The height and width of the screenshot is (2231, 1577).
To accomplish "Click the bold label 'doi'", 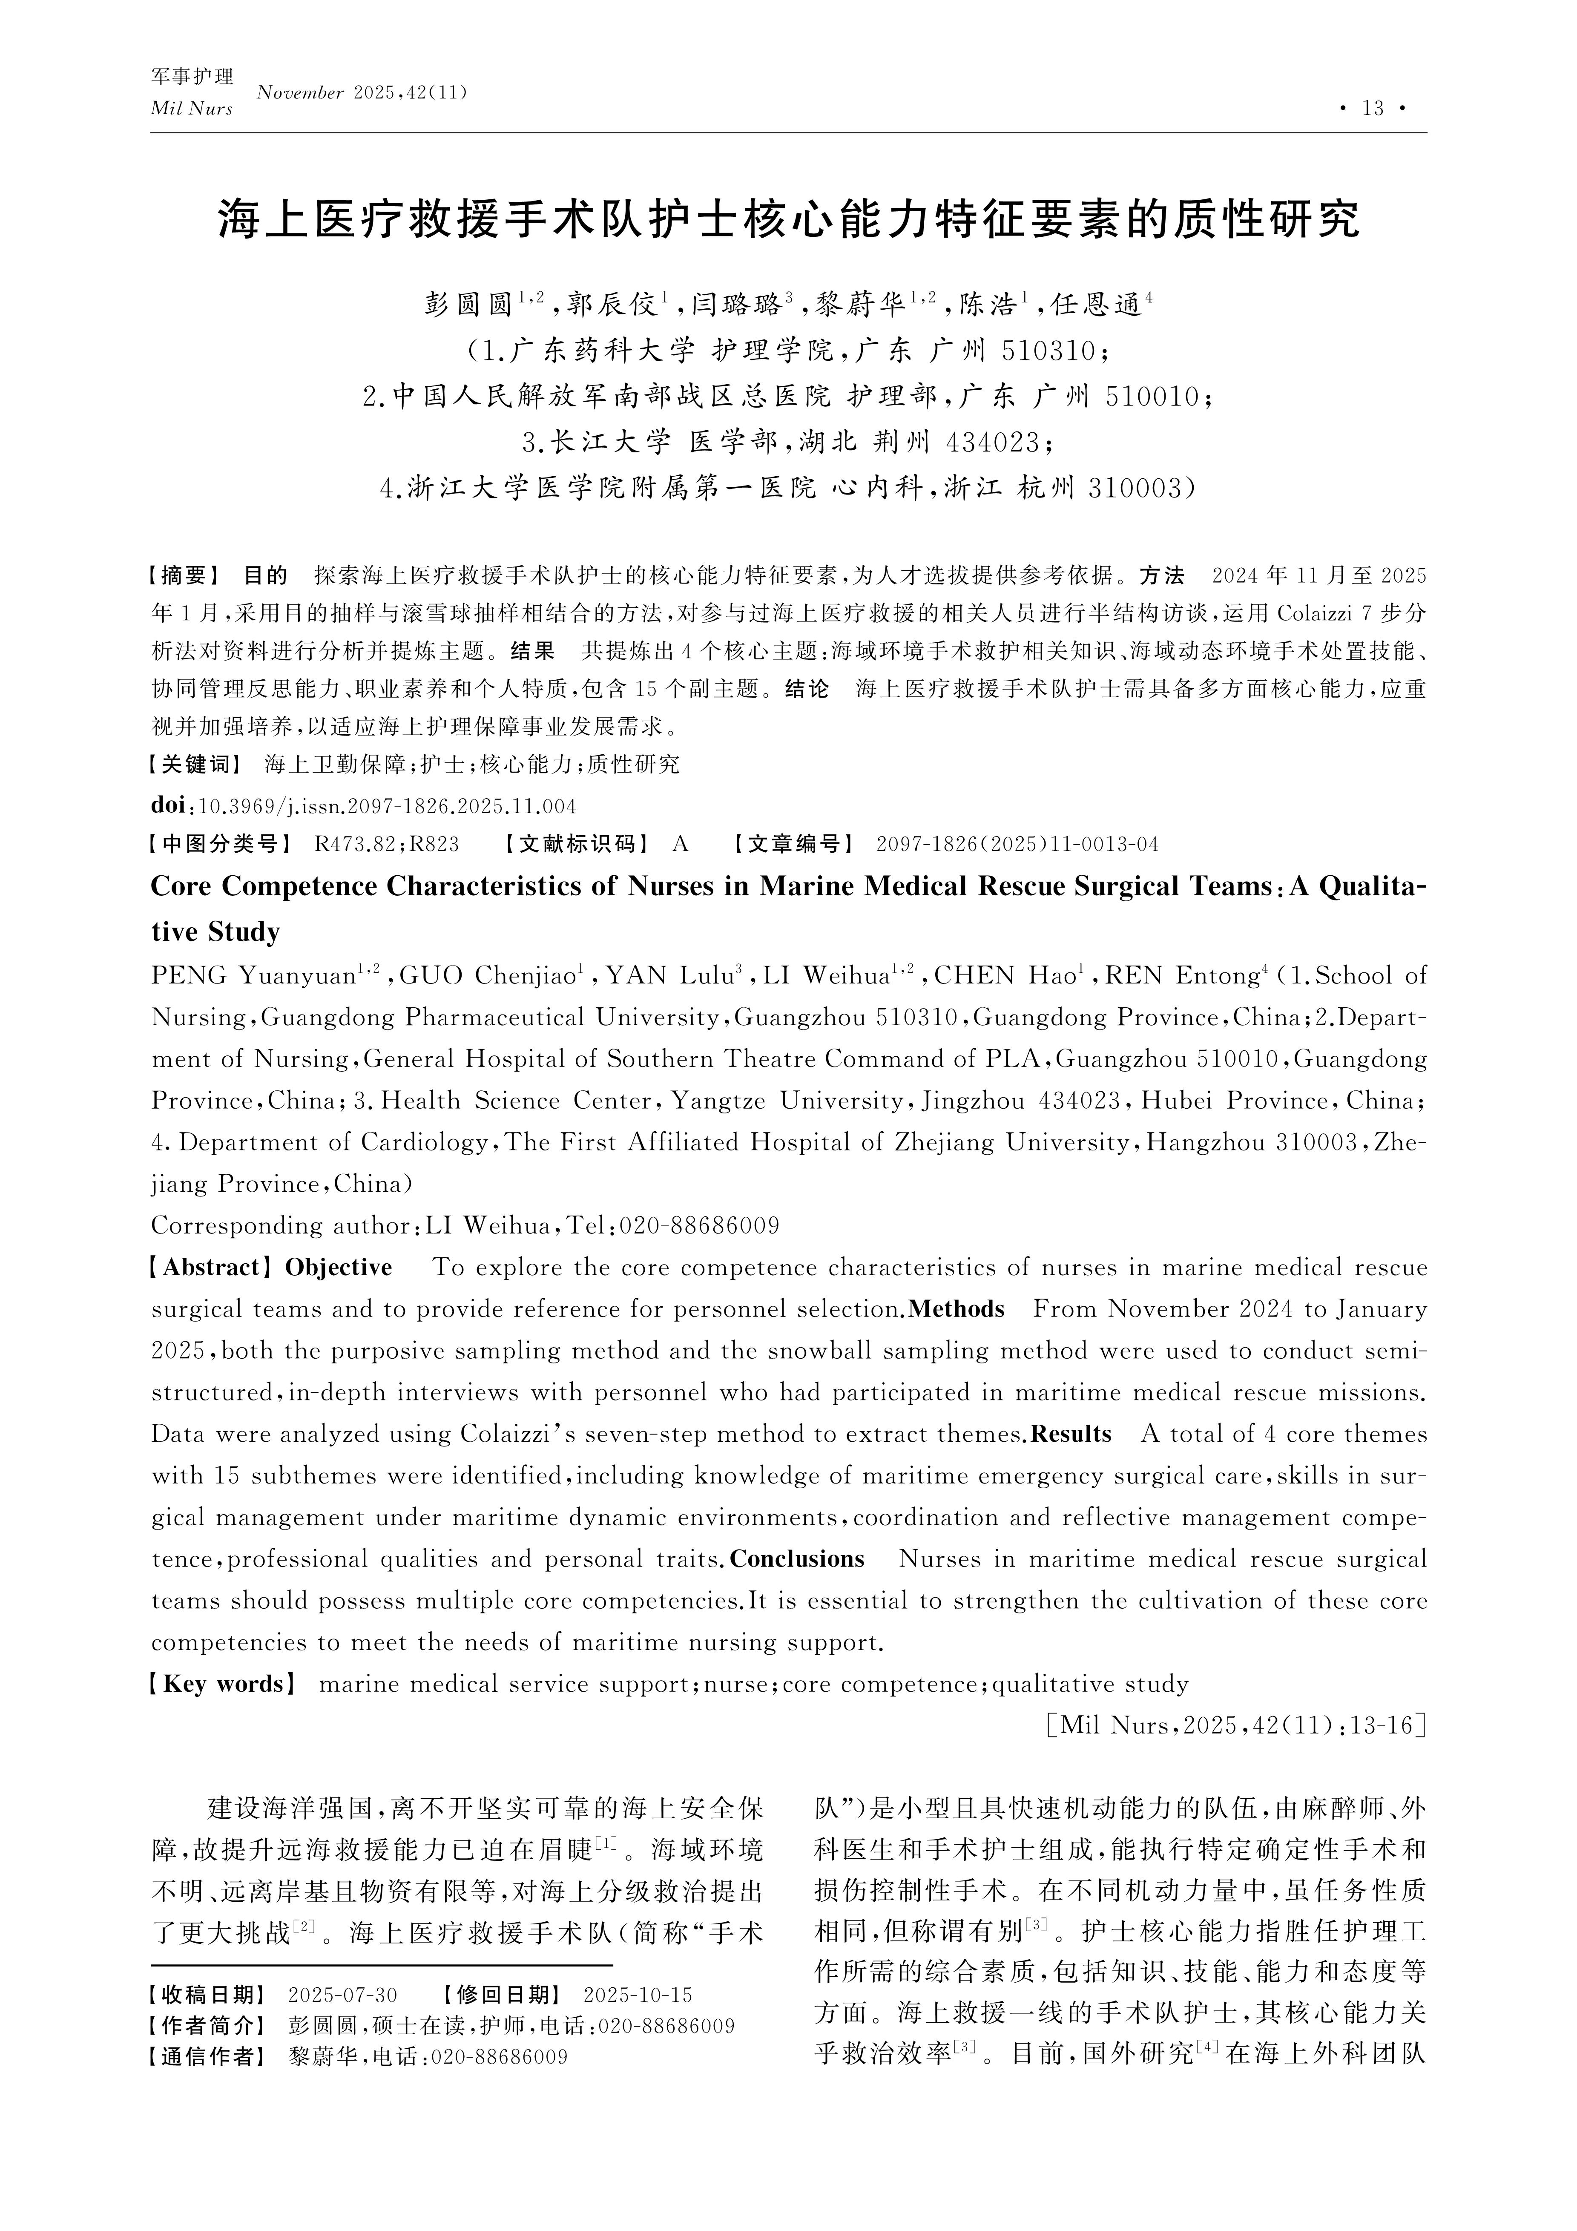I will click(171, 805).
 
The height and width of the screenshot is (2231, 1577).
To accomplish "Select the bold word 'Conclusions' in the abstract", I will click(797, 1560).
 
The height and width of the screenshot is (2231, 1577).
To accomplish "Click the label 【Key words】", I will click(222, 1685).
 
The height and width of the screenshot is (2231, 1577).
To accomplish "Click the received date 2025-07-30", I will click(343, 1996).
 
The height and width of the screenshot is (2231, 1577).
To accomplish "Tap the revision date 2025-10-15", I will click(638, 1996).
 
